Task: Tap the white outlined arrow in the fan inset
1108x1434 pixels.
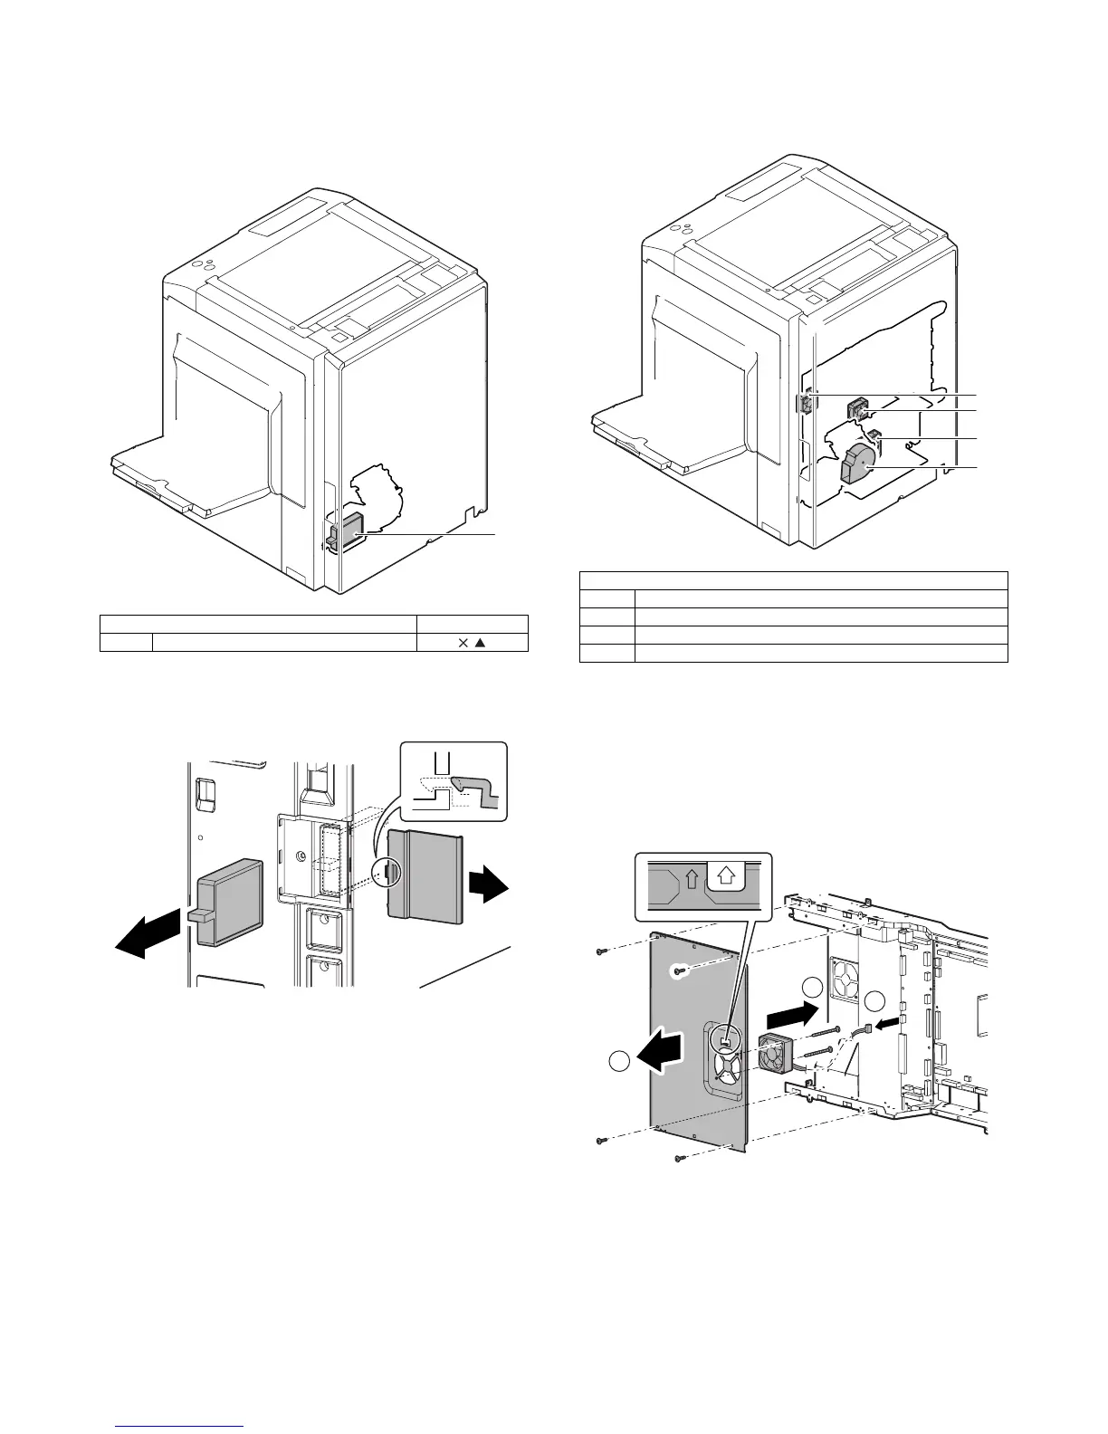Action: click(x=724, y=875)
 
